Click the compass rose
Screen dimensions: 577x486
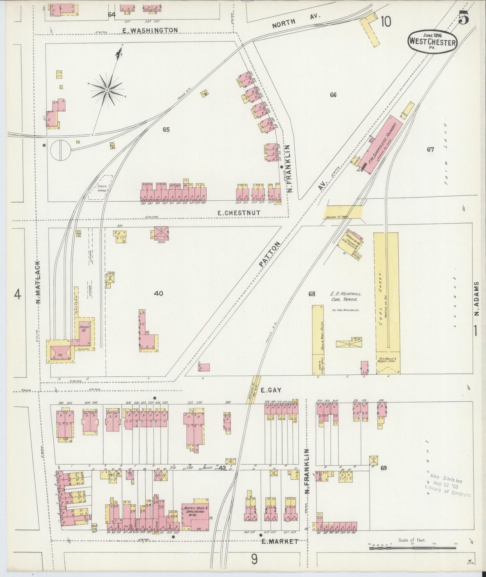(x=107, y=90)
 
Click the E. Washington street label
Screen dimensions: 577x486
(x=150, y=30)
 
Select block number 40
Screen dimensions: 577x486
(x=158, y=294)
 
